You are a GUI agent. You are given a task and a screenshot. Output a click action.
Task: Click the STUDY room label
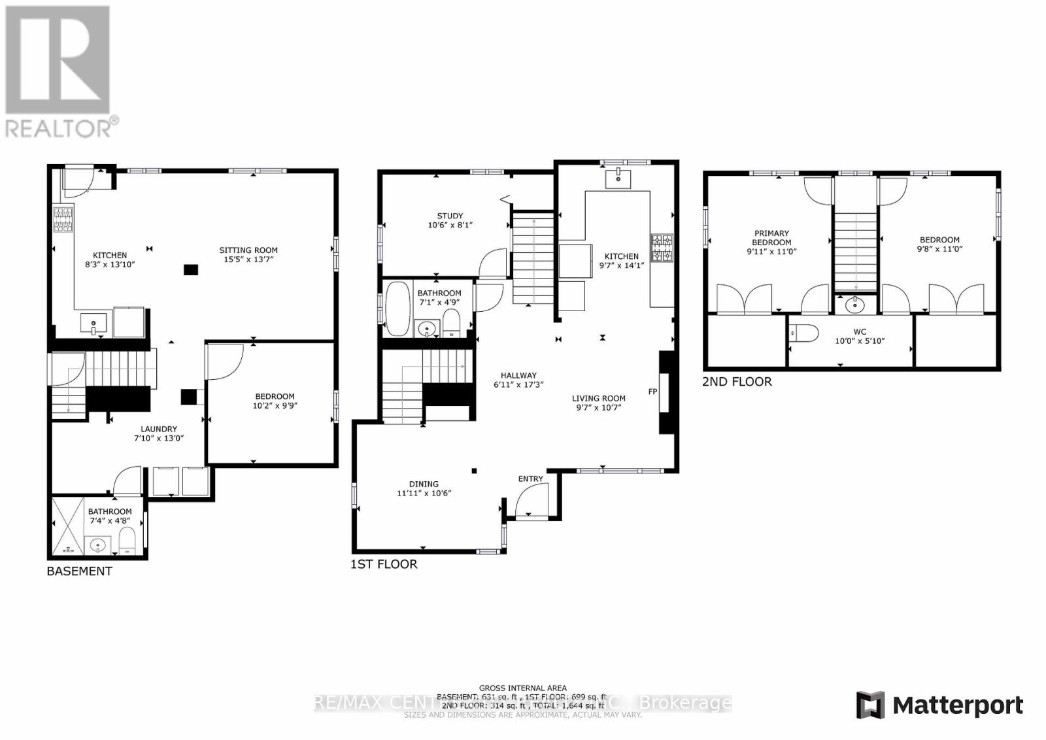click(450, 216)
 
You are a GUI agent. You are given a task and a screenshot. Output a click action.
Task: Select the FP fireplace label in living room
click(652, 392)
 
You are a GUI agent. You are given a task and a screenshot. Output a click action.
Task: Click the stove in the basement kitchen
click(63, 219)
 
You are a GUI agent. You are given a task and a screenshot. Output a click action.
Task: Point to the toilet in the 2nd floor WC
click(805, 333)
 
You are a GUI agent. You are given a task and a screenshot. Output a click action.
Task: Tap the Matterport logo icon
click(870, 705)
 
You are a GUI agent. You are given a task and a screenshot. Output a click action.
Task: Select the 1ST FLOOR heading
click(384, 564)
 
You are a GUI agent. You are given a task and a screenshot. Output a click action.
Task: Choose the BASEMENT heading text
click(79, 571)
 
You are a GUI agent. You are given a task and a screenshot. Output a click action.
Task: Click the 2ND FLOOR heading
click(737, 382)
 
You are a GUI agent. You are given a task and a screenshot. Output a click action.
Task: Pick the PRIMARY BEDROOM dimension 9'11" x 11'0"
click(771, 252)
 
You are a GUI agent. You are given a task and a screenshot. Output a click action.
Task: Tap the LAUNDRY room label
click(159, 429)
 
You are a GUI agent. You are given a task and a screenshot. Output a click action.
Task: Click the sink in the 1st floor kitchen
click(618, 178)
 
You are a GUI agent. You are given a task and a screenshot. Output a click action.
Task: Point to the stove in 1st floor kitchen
click(662, 248)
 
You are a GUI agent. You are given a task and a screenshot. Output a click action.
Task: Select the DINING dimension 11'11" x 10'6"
click(424, 494)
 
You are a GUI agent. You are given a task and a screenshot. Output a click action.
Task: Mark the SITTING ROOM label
click(248, 250)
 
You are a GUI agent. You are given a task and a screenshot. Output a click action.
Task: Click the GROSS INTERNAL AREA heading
click(522, 688)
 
